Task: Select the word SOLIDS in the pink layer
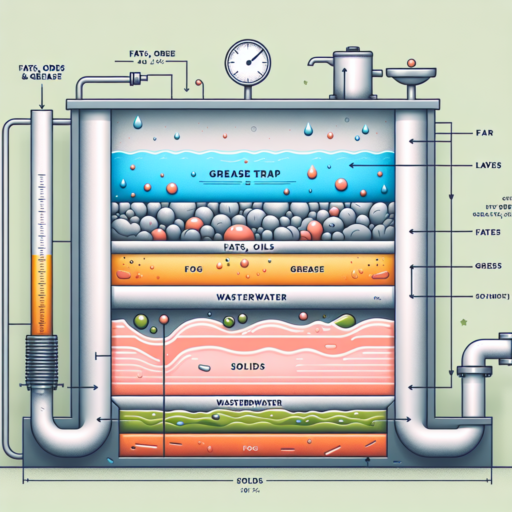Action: click(248, 366)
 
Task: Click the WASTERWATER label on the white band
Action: click(251, 297)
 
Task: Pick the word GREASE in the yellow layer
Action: click(306, 269)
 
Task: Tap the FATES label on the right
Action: click(486, 232)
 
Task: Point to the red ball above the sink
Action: click(411, 63)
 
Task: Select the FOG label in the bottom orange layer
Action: click(248, 448)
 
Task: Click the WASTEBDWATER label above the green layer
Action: click(249, 402)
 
